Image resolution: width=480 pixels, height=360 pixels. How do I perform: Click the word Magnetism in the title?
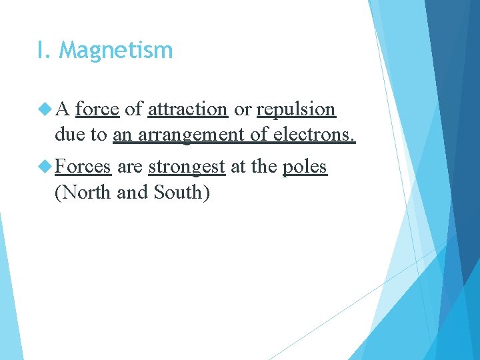click(116, 51)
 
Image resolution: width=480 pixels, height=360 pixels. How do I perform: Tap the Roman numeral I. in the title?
click(45, 51)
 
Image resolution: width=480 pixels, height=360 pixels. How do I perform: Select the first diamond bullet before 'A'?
click(46, 108)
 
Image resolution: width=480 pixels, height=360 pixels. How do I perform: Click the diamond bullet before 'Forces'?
click(46, 166)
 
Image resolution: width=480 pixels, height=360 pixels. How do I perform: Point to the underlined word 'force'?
click(97, 109)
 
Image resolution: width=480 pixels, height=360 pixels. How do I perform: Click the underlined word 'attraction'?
click(187, 109)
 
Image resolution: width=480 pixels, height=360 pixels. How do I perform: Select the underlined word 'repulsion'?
click(295, 109)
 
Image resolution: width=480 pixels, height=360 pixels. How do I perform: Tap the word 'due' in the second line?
click(71, 135)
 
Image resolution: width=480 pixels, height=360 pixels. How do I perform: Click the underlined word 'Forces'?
click(83, 166)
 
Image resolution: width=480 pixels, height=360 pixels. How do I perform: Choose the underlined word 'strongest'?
click(186, 167)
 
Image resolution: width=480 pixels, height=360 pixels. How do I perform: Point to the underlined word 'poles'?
click(305, 167)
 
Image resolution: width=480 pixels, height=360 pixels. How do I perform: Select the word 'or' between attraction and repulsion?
click(242, 109)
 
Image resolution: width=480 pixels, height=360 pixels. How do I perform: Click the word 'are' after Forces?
click(129, 167)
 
